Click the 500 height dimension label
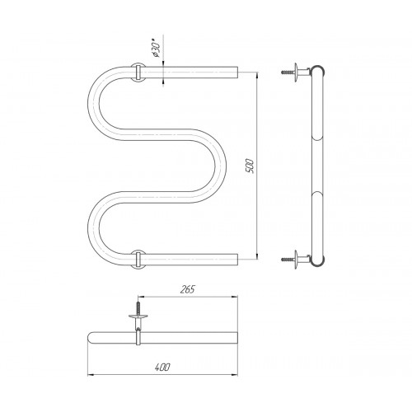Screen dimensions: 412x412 click(x=250, y=166)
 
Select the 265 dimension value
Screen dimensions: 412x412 click(x=187, y=289)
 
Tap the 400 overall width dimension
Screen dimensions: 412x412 click(x=162, y=367)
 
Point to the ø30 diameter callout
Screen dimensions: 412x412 click(x=156, y=50)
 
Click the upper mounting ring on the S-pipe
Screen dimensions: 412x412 click(x=138, y=73)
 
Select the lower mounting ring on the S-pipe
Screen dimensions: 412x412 click(x=138, y=260)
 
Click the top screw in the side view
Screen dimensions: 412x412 click(x=287, y=73)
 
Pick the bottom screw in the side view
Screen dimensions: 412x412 click(x=287, y=259)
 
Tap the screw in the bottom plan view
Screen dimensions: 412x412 click(x=138, y=308)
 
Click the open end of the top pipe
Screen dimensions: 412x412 click(x=237, y=73)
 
